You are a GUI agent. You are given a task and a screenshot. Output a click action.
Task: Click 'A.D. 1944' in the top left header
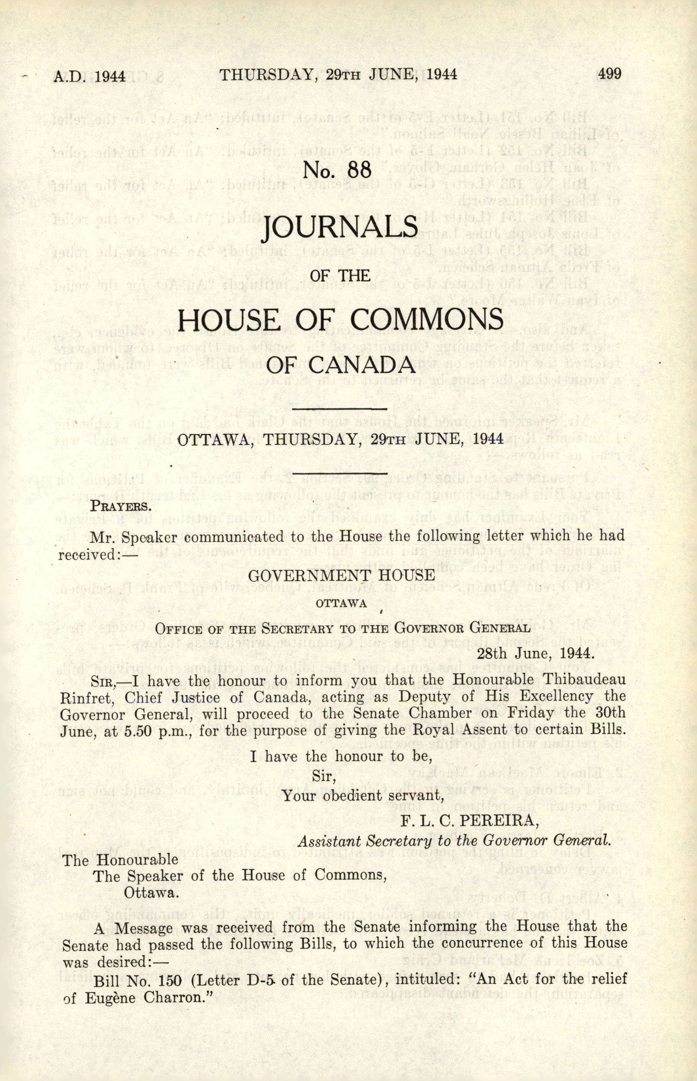(x=90, y=75)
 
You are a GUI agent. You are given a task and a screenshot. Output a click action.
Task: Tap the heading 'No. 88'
(x=338, y=169)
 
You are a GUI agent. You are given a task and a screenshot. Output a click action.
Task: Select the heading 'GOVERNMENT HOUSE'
(x=341, y=575)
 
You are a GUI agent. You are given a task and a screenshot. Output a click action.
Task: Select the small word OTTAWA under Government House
(x=341, y=603)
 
